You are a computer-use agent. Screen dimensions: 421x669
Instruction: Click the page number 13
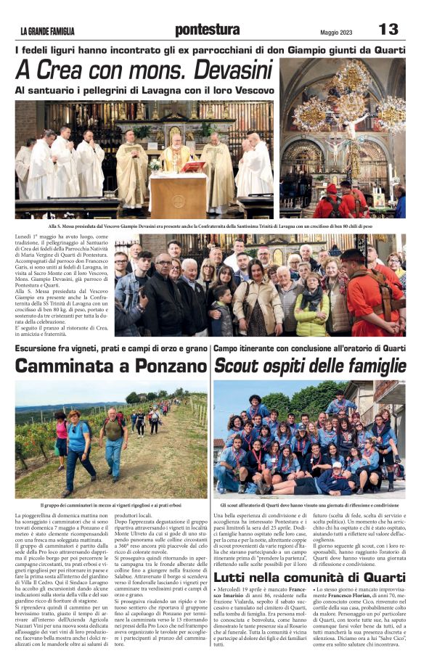(388, 29)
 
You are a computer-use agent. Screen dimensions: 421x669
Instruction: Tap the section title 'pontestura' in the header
(207, 30)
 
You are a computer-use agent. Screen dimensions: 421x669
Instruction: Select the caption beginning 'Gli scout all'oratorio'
(309, 504)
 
